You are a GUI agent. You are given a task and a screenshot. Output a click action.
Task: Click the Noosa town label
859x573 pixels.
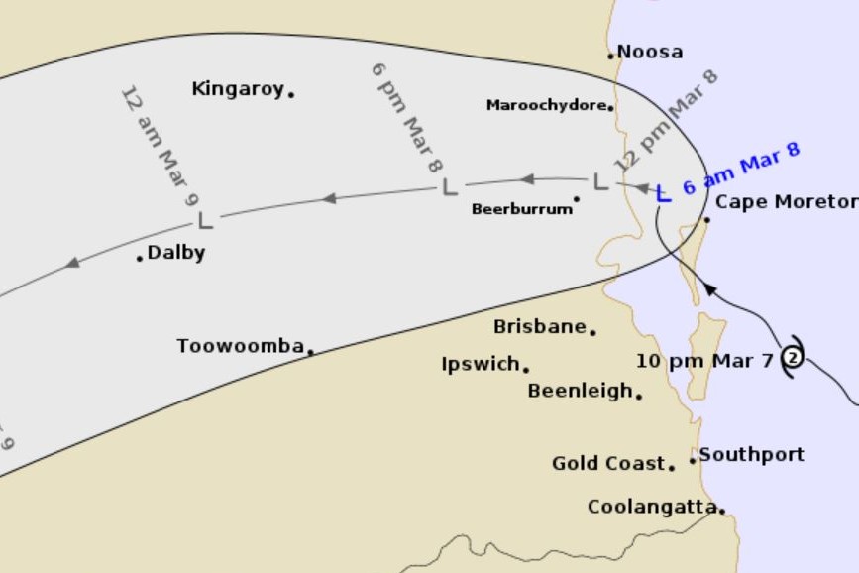pyautogui.click(x=650, y=52)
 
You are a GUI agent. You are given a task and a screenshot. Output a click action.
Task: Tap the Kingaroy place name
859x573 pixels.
pyautogui.click(x=238, y=89)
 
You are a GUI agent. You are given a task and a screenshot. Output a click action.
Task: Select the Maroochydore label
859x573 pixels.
pyautogui.click(x=546, y=105)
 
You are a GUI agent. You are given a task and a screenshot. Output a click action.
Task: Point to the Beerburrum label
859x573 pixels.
pyautogui.click(x=521, y=209)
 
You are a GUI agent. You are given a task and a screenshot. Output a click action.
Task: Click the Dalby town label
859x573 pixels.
pyautogui.click(x=176, y=253)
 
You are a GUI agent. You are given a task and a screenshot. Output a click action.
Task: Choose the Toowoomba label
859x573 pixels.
pyautogui.click(x=240, y=346)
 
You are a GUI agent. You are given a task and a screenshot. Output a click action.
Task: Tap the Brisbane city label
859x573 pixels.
pyautogui.click(x=539, y=326)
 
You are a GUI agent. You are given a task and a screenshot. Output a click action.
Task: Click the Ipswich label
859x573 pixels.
pyautogui.click(x=481, y=364)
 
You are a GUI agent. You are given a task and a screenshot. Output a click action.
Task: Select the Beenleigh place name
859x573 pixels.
pyautogui.click(x=580, y=391)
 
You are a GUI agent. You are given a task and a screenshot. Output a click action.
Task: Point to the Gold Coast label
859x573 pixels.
pyautogui.click(x=608, y=463)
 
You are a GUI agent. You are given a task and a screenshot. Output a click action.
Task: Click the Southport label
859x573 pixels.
pyautogui.click(x=752, y=454)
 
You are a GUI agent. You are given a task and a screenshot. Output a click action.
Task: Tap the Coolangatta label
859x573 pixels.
pyautogui.click(x=652, y=507)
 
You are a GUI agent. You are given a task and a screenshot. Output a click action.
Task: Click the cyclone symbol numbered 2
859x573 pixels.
pyautogui.click(x=793, y=357)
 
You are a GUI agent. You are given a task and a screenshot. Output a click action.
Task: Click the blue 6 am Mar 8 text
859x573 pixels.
pyautogui.click(x=741, y=169)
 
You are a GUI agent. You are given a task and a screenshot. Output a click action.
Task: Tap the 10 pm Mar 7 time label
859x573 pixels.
pyautogui.click(x=703, y=361)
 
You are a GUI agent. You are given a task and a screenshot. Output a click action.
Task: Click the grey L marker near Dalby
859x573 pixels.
pyautogui.click(x=206, y=219)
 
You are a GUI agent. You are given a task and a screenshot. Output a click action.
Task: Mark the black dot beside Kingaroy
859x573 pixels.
pyautogui.click(x=291, y=94)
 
